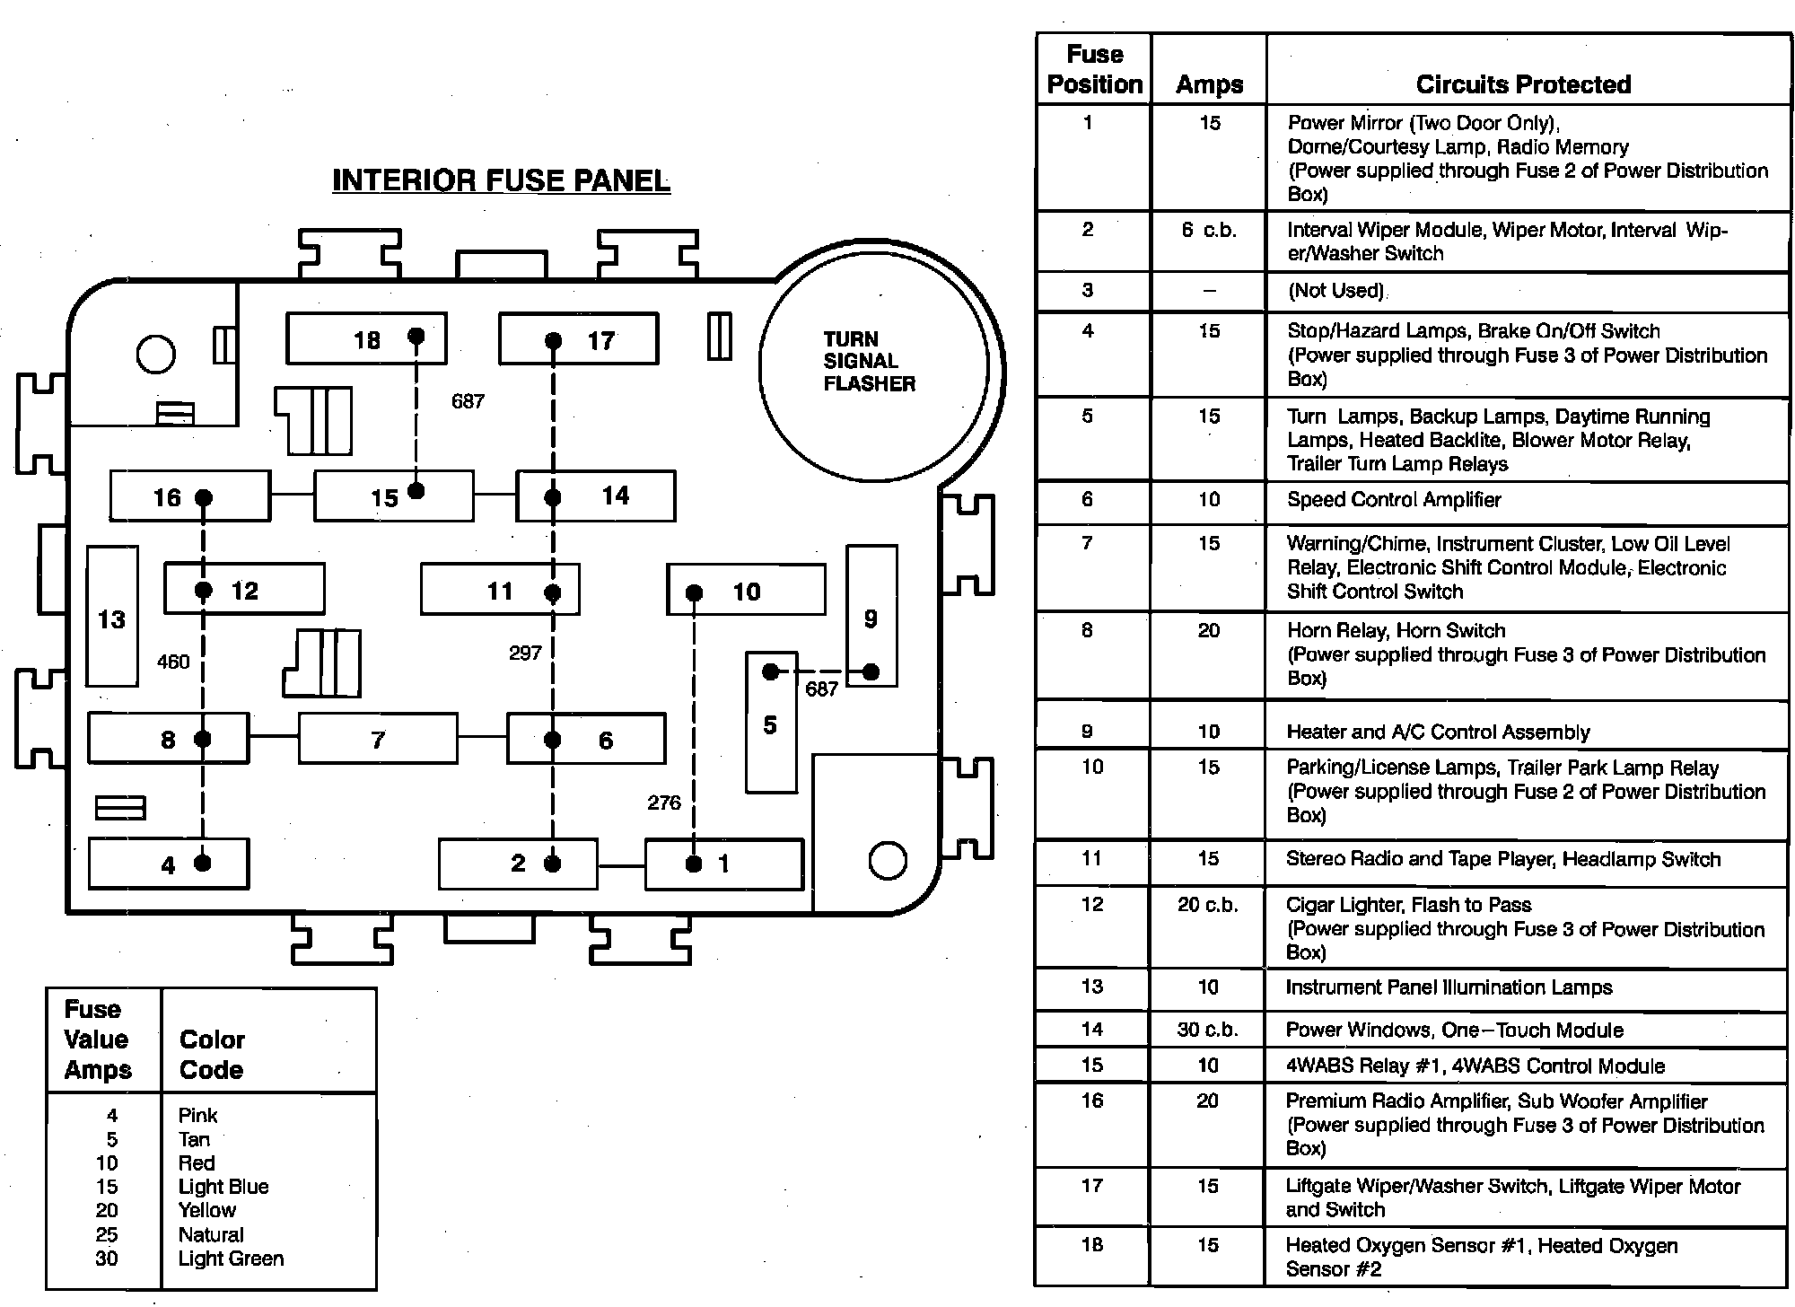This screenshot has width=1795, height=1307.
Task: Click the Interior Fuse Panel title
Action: pyautogui.click(x=501, y=180)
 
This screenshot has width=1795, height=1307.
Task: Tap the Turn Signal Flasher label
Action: pyautogui.click(x=869, y=361)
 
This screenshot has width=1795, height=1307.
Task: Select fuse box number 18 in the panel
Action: pyautogui.click(x=366, y=338)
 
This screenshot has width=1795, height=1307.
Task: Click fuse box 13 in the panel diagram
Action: pyautogui.click(x=112, y=617)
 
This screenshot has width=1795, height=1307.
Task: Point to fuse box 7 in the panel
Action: pyautogui.click(x=378, y=738)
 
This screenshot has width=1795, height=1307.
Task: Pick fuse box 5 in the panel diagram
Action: pyautogui.click(x=771, y=724)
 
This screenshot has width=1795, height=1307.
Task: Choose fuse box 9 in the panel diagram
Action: pyautogui.click(x=871, y=616)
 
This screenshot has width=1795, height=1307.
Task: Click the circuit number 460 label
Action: pyautogui.click(x=173, y=662)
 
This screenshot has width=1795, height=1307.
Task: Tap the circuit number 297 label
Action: pyautogui.click(x=525, y=653)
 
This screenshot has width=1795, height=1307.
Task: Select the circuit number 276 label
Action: pyautogui.click(x=664, y=803)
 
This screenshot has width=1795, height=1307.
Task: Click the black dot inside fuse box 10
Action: pyautogui.click(x=694, y=592)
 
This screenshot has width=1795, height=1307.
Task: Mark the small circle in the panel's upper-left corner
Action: pyautogui.click(x=155, y=354)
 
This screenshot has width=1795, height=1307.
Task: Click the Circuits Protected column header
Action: pyautogui.click(x=1523, y=84)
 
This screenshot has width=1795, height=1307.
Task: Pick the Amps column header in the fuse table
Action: pyautogui.click(x=1209, y=84)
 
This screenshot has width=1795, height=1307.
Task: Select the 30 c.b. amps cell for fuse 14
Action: pyautogui.click(x=1208, y=1030)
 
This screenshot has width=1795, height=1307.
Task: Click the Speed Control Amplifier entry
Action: pyautogui.click(x=1394, y=500)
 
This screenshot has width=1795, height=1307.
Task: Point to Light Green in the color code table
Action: pyautogui.click(x=231, y=1259)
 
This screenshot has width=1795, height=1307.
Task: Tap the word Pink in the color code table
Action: pyautogui.click(x=197, y=1115)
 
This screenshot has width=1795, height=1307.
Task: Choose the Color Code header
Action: pyautogui.click(x=212, y=1054)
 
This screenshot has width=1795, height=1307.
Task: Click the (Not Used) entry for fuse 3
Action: pyautogui.click(x=1336, y=290)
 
